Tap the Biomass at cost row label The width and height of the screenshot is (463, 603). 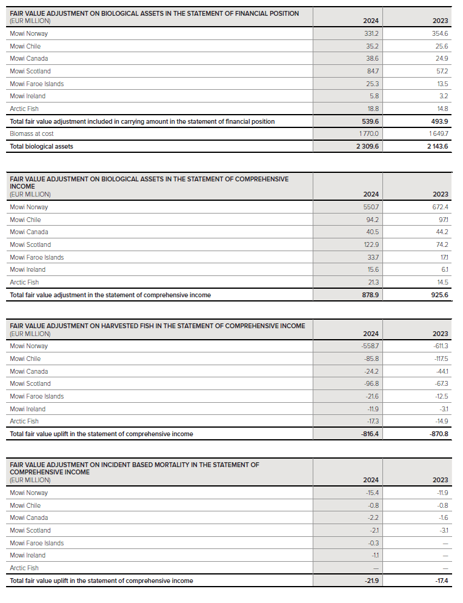pos(32,133)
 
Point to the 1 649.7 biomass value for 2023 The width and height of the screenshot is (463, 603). pos(437,133)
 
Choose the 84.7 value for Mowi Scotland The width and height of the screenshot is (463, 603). pos(371,71)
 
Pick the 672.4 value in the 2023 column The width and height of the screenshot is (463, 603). pos(438,207)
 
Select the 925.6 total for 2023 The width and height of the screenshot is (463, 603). pos(438,295)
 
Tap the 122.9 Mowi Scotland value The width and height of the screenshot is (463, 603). pos(370,244)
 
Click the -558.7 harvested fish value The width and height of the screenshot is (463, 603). pos(370,346)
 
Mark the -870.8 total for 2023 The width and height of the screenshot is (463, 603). pos(437,434)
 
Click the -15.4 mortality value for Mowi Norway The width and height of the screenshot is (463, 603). pos(371,493)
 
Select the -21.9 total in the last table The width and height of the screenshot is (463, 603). pos(371,581)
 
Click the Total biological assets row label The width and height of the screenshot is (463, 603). pos(41,146)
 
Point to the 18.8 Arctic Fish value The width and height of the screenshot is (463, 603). pos(371,109)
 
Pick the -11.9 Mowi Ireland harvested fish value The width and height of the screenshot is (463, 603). pos(372,409)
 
